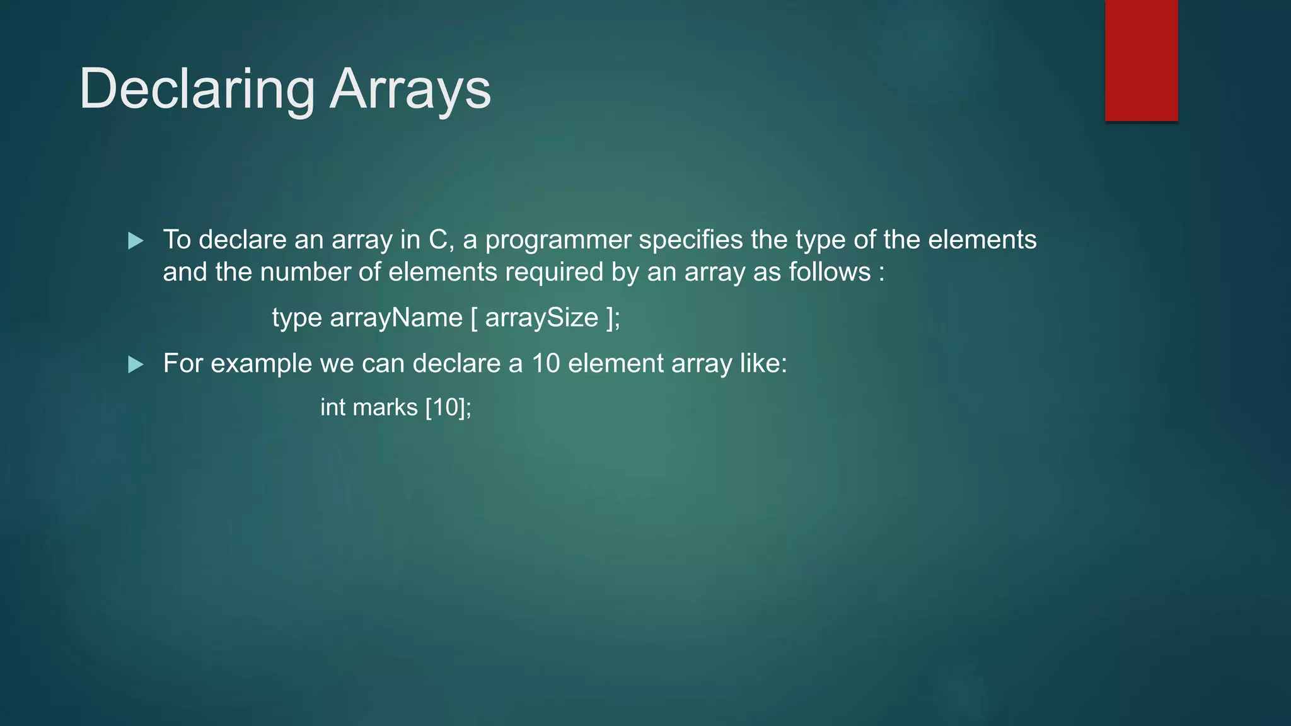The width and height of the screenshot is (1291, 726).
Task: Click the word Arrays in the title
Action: point(410,89)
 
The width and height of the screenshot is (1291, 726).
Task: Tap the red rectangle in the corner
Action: point(1141,60)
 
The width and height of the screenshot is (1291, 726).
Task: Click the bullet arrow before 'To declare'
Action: point(136,241)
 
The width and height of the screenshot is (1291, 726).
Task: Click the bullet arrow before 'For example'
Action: point(136,364)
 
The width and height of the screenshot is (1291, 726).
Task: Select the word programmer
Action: point(558,240)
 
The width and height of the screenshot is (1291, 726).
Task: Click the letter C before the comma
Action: point(437,240)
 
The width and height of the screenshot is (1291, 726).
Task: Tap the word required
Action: point(554,272)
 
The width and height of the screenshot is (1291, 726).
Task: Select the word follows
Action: point(830,272)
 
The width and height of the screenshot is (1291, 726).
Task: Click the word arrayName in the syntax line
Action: point(396,317)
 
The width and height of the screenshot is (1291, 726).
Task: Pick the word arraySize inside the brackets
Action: point(541,317)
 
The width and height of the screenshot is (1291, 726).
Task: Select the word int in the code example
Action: point(333,407)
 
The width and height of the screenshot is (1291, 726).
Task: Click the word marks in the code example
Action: point(385,407)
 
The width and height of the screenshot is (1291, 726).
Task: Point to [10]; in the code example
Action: point(448,407)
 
